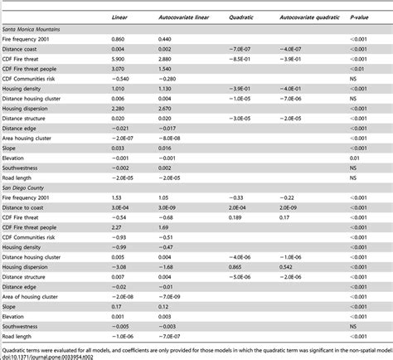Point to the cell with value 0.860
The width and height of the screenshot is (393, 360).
point(119,39)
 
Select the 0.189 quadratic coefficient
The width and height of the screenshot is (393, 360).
point(235,220)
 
